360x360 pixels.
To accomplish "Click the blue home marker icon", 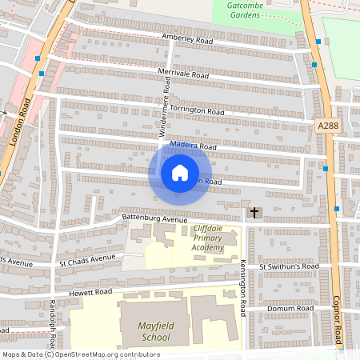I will click(180, 173).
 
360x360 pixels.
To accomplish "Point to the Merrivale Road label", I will click(182, 74).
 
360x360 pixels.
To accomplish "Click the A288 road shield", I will click(328, 126).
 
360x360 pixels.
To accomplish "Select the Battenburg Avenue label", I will click(154, 218).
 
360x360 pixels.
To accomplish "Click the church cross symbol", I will click(254, 213).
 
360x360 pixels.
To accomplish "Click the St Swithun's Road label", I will click(289, 266).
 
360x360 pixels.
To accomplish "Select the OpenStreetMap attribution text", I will click(80, 354).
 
